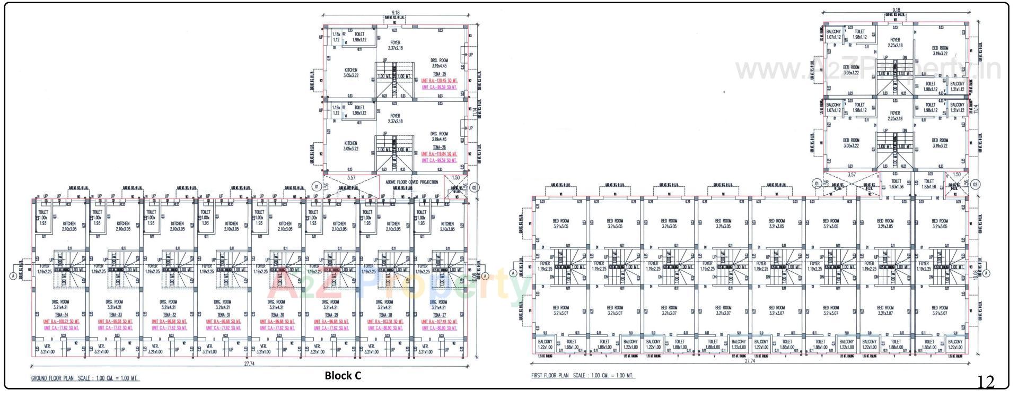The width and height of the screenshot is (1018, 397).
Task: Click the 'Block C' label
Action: [x=343, y=376]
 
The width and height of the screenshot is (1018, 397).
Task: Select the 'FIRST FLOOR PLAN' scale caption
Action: [x=582, y=376]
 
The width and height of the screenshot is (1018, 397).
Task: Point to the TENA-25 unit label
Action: [x=440, y=74]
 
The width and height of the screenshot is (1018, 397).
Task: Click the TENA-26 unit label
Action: [x=440, y=147]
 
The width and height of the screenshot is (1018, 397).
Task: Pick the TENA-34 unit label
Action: [x=62, y=315]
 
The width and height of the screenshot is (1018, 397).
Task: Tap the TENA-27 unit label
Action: [x=438, y=315]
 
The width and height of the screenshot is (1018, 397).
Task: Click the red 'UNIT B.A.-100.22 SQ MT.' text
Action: [x=62, y=322]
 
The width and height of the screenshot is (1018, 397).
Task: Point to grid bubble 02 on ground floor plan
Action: [x=475, y=187]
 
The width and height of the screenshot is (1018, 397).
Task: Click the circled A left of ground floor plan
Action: [x=13, y=275]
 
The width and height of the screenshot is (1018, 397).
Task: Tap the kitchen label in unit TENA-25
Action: [x=350, y=73]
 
